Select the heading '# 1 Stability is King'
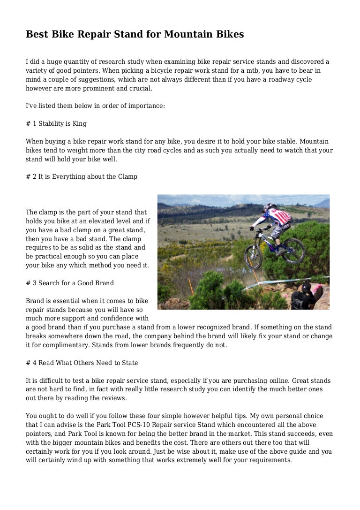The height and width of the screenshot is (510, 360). [x=56, y=124]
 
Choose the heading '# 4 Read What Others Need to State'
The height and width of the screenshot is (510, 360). [x=82, y=363]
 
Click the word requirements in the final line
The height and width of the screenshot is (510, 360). [x=269, y=460]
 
